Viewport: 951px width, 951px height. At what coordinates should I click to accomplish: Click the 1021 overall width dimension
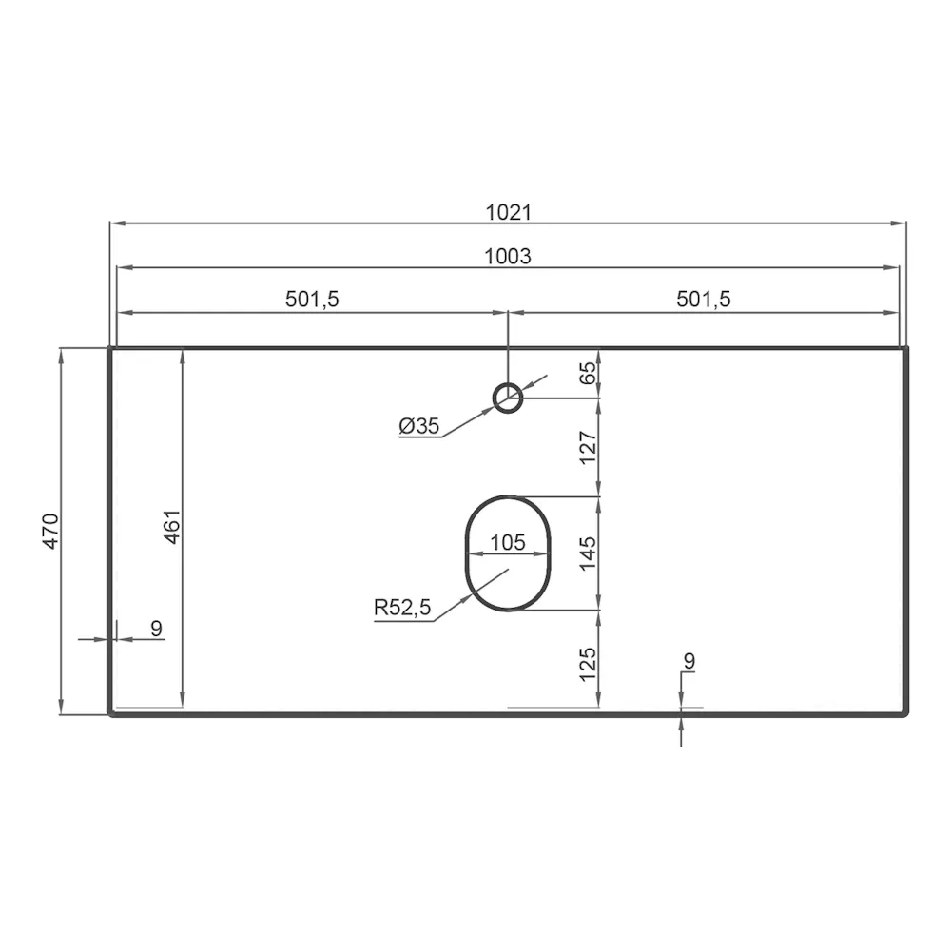point(508,212)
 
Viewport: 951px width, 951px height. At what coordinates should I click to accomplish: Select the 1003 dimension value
point(508,256)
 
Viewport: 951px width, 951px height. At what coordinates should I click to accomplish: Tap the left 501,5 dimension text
point(312,299)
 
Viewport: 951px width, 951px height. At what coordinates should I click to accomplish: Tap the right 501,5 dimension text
point(704,299)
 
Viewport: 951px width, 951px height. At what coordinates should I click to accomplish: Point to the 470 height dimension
point(51,531)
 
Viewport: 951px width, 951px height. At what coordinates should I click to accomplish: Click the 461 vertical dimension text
point(172,529)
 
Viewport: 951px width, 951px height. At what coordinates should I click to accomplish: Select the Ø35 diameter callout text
point(419,427)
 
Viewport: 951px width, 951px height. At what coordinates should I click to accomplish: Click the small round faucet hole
point(508,397)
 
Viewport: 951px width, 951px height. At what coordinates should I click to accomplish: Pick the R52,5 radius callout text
point(402,607)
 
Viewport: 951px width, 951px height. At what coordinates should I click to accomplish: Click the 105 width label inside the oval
point(507,543)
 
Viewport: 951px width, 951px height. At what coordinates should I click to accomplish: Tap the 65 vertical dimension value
point(588,373)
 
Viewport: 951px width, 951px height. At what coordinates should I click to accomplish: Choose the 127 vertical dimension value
point(588,447)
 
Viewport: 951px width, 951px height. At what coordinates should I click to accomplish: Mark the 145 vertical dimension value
point(588,553)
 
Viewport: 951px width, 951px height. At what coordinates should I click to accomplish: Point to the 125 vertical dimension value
point(588,662)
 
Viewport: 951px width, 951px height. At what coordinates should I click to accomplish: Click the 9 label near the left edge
point(157,628)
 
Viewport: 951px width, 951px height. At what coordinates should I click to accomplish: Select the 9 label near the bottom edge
point(689,659)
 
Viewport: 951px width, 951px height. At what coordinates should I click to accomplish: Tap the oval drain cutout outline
point(465,553)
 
